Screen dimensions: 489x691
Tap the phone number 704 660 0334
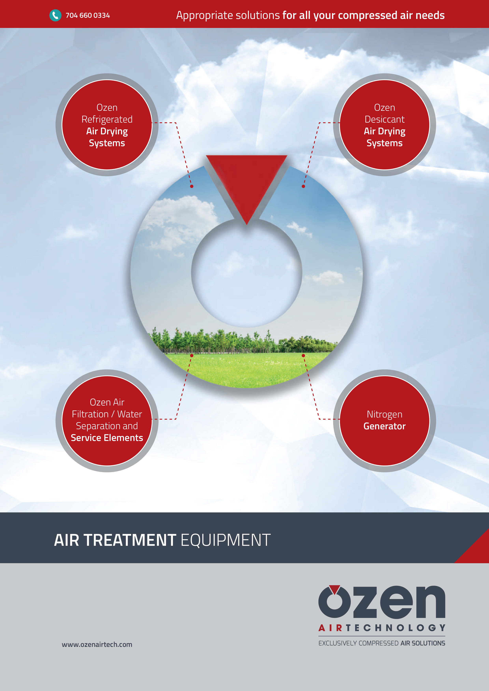88,15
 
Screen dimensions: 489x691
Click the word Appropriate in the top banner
204,15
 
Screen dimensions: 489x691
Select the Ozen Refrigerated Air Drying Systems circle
107,125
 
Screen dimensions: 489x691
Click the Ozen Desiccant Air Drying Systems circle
384,125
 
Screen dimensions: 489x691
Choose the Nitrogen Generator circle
384,421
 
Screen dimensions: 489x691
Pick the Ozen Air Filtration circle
107,421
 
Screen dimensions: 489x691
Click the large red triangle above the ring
247,184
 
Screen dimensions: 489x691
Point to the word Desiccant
384,119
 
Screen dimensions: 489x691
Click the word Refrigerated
107,119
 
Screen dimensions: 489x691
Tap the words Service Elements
107,438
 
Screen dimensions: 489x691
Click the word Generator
384,426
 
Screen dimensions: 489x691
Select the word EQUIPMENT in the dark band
226,540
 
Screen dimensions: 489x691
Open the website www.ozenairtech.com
97,644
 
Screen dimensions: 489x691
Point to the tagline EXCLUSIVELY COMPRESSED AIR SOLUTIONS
382,643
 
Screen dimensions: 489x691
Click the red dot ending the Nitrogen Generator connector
303,355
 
